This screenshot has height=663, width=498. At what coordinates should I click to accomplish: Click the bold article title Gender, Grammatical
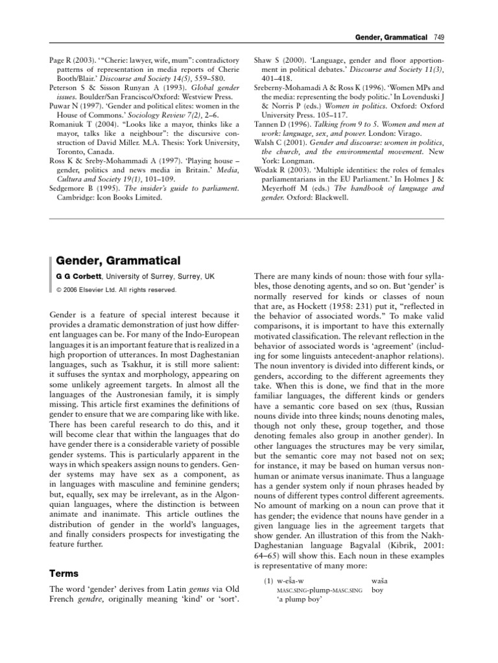coord(117,260)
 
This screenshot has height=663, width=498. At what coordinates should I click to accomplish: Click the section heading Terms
coord(65,574)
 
